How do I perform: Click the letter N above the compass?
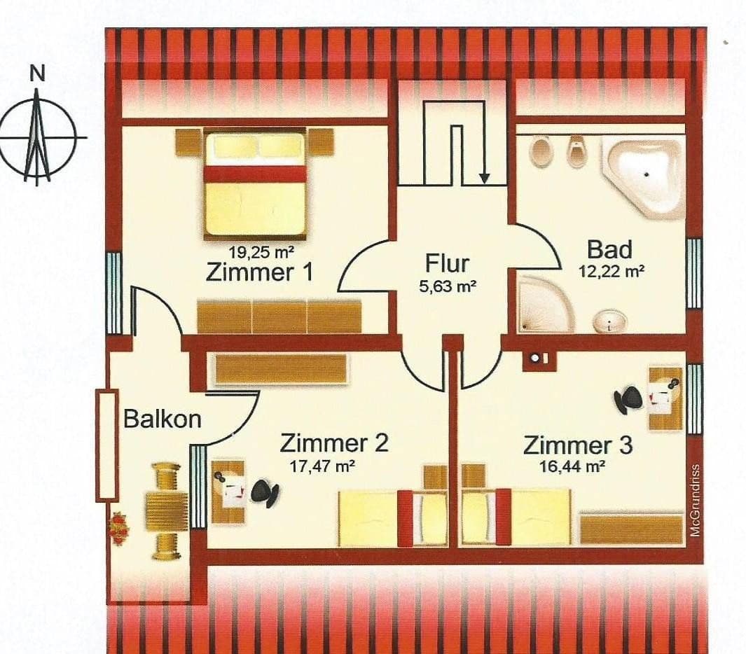pos(37,74)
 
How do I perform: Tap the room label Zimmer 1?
pos(260,273)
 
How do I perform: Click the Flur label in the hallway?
pos(447,263)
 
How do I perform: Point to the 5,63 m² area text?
pos(448,286)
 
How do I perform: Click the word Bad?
pos(609,249)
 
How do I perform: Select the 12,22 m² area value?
pos(612,272)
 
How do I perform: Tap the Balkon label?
pos(163,419)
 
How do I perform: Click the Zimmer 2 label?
pos(334,443)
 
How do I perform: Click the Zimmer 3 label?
pos(578,445)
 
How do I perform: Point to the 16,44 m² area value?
pos(572,467)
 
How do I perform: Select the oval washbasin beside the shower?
pos(609,322)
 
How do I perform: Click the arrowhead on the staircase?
pos(484,179)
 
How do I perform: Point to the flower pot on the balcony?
pos(119,529)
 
